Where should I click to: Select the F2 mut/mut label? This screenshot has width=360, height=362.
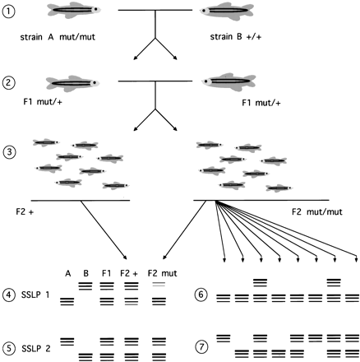click(x=320, y=211)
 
